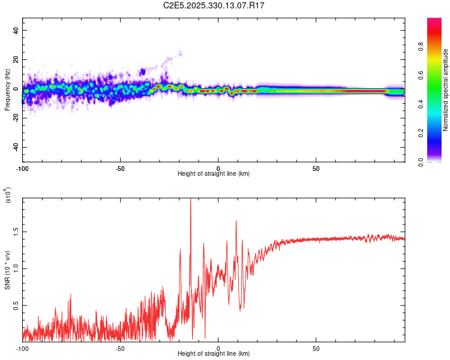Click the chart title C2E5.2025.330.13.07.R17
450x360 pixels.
214,5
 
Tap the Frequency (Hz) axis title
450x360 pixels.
7,89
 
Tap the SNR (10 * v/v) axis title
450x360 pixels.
7,269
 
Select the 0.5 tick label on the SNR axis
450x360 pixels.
16,305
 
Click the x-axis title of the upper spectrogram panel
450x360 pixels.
214,173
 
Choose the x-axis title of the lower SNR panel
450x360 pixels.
214,353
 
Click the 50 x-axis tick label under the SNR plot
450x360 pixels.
316,347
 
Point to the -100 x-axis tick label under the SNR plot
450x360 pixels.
23,347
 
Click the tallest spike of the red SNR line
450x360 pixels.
191,200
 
